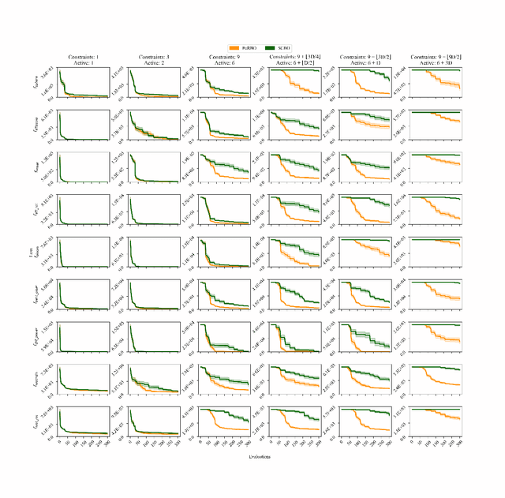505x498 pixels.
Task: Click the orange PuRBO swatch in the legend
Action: point(233,47)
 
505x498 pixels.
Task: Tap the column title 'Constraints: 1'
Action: point(84,58)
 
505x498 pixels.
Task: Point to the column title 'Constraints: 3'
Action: point(154,58)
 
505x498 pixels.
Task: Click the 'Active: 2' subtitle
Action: point(154,64)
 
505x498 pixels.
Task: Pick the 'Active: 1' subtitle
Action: point(84,64)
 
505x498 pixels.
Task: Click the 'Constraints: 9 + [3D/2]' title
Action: point(363,58)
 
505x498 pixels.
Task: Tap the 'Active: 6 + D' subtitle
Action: point(363,64)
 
